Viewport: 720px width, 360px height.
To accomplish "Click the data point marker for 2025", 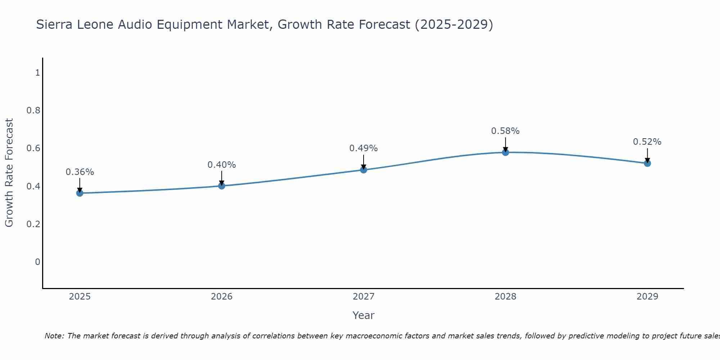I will click(80, 193).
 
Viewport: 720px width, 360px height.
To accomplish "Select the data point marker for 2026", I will click(221, 186).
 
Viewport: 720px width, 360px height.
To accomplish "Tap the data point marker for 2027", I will click(364, 170).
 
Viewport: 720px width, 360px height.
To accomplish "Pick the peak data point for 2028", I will click(505, 152).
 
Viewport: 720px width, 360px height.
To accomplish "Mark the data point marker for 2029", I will click(647, 163).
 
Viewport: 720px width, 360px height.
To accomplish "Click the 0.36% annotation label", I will click(80, 172).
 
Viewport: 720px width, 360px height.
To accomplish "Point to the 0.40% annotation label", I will click(221, 165).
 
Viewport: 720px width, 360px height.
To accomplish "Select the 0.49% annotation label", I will click(364, 148).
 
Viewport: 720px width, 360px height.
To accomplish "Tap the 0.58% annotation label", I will click(505, 131).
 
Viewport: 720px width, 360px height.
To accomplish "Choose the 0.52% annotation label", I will click(647, 142).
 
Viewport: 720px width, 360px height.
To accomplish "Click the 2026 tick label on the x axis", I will click(221, 297).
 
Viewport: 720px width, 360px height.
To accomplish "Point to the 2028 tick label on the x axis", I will click(505, 297).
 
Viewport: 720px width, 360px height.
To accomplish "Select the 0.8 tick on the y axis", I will click(33, 111).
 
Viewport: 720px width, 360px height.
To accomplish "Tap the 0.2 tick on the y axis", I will click(33, 224).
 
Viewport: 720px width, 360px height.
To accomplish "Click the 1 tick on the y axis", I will click(37, 73).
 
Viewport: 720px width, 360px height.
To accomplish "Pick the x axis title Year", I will click(364, 315).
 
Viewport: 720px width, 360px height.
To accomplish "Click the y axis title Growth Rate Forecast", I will click(9, 173).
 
